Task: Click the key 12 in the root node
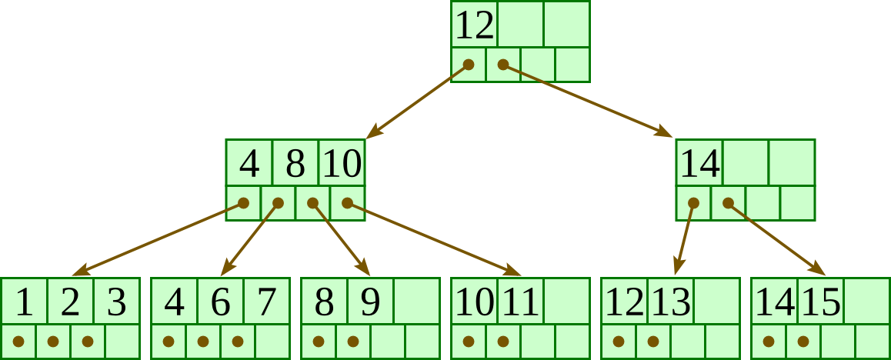click(475, 25)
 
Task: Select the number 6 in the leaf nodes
click(220, 302)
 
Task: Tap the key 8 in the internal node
click(295, 164)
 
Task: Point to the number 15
click(821, 302)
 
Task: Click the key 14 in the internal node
click(699, 164)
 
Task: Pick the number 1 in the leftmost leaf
click(24, 302)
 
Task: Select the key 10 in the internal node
click(342, 164)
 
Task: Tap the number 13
click(671, 302)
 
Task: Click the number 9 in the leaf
click(370, 302)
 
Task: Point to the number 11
click(521, 302)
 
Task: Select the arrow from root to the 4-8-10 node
click(417, 101)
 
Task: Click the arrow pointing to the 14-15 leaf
click(776, 239)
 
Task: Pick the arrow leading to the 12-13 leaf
click(685, 239)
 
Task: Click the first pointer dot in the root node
click(469, 65)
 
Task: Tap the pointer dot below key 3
click(88, 342)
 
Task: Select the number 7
click(266, 302)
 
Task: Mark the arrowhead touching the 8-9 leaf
click(363, 267)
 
